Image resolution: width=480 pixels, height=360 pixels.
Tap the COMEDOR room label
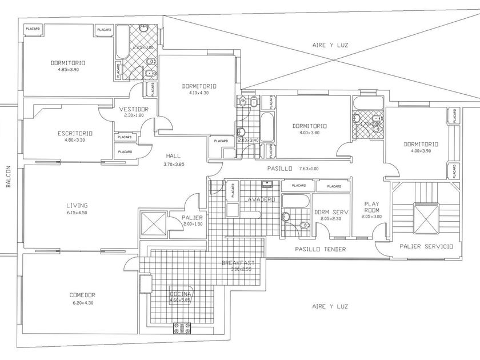(x=82, y=295)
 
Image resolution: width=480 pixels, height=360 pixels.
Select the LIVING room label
(x=77, y=206)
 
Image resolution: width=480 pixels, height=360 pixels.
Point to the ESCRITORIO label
(x=75, y=133)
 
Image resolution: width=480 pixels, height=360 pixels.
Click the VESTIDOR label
(x=134, y=109)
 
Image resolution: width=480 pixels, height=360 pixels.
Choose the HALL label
(x=174, y=155)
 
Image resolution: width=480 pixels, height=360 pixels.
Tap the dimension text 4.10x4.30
(x=199, y=93)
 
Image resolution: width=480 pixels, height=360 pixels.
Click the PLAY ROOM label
(x=371, y=206)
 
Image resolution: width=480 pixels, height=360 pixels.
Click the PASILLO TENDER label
(x=319, y=249)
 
